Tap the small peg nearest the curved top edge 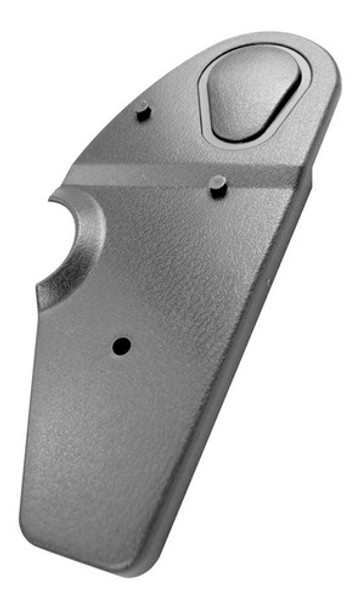pyautogui.click(x=143, y=111)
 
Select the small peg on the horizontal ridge pyautogui.click(x=218, y=184)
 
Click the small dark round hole pyautogui.click(x=122, y=346)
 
